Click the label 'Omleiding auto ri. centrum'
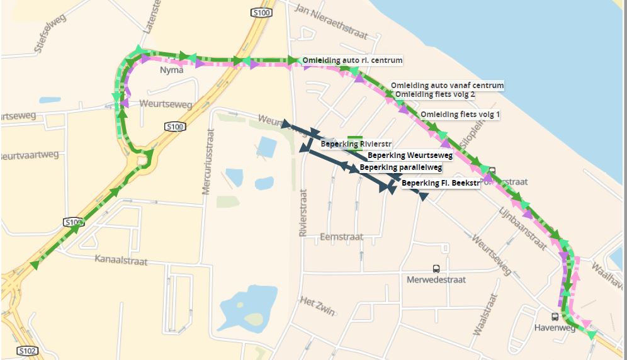tap(352, 60)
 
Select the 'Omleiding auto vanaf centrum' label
tap(447, 85)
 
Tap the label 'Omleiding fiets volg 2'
tap(434, 94)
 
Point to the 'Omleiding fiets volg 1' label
tap(460, 115)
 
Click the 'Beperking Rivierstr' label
tap(356, 144)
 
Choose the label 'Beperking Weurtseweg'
tap(410, 155)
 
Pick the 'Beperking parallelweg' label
tap(400, 167)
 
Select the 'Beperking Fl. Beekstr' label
tap(440, 183)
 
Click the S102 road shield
tap(27, 351)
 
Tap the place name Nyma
tap(171, 70)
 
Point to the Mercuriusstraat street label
tap(208, 161)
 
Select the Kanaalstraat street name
tap(121, 259)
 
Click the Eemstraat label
tap(341, 237)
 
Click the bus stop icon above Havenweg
tap(555, 317)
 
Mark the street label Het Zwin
tap(318, 306)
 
